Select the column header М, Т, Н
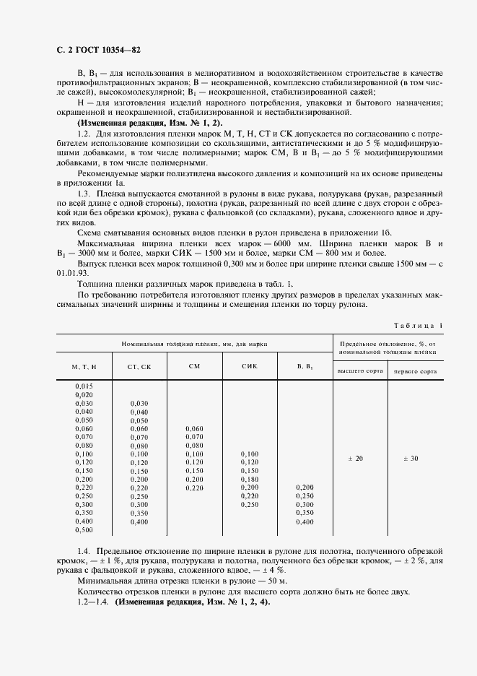84,368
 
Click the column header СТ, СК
139,368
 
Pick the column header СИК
249,366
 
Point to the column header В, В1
305,367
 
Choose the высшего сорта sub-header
359,370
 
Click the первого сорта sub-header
414,370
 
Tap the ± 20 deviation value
356,459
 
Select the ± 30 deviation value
411,459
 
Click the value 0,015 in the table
84,386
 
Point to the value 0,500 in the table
84,530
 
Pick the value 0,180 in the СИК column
249,480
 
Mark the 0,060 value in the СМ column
194,428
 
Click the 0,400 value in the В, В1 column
305,521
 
